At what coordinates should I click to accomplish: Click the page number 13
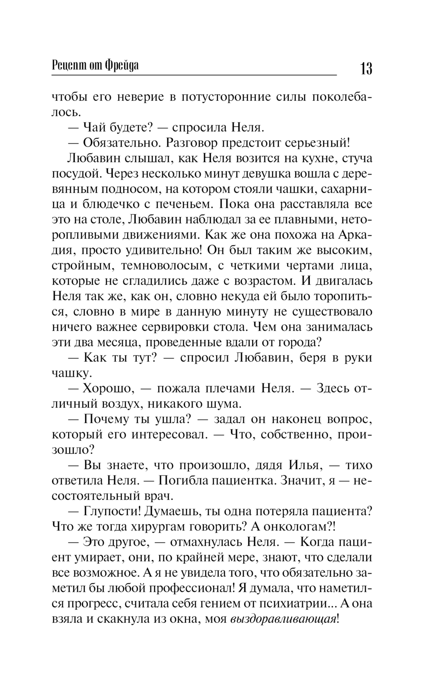point(366,68)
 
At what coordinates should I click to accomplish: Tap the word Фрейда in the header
point(122,65)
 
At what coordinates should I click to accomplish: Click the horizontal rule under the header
point(194,76)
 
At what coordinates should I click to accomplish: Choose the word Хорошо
point(108,388)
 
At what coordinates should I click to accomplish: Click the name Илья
point(304,465)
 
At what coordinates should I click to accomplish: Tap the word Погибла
point(182,480)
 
